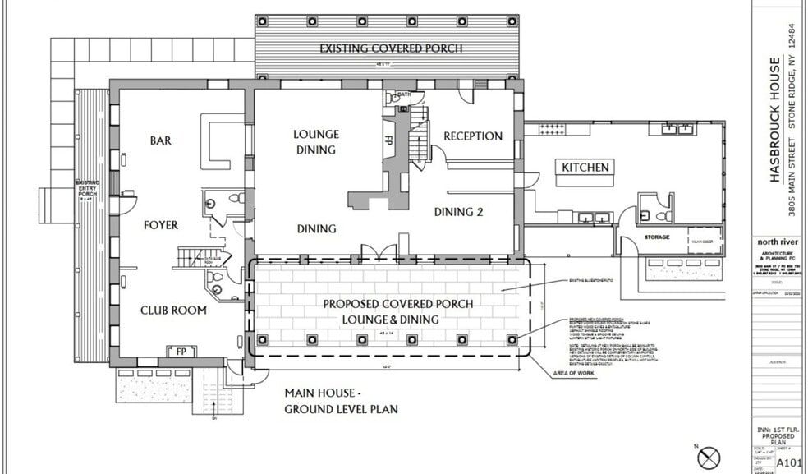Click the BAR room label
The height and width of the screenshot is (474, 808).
(x=161, y=140)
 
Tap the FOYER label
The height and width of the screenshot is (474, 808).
(x=160, y=224)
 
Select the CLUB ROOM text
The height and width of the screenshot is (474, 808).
(x=173, y=311)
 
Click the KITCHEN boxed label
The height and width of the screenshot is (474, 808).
(x=585, y=168)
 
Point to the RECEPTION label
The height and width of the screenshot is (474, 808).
(x=473, y=136)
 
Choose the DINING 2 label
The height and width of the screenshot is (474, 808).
(x=458, y=212)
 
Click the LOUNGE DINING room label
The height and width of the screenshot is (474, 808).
(x=315, y=141)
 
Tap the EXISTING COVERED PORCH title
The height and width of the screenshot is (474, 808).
(x=391, y=48)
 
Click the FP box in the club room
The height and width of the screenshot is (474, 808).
(x=181, y=352)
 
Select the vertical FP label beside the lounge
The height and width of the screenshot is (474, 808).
(x=389, y=139)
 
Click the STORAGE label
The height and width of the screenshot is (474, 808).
(x=656, y=237)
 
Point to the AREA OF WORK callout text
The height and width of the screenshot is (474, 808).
(x=572, y=374)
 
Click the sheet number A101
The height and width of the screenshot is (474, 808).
(x=789, y=462)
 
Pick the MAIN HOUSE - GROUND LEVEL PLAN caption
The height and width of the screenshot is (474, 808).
(x=341, y=401)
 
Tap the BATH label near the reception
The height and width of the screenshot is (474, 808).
(x=403, y=95)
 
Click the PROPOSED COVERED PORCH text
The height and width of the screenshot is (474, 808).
(x=397, y=304)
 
